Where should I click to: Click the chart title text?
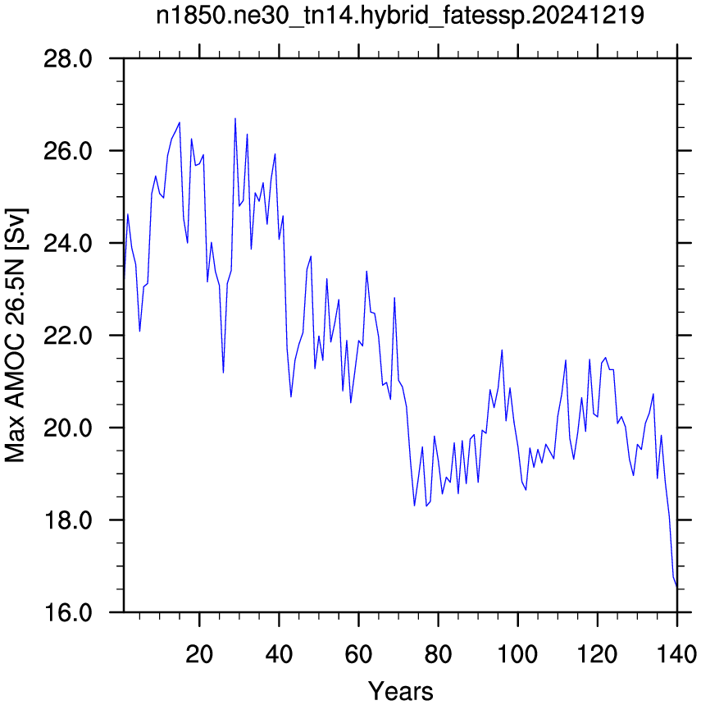click(x=399, y=16)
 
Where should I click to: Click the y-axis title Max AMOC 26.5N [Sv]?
click(x=16, y=335)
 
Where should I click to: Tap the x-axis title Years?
click(x=401, y=690)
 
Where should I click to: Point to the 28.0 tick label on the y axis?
click(x=68, y=59)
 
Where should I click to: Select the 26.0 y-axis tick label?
click(x=68, y=151)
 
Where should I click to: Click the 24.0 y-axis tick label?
click(x=68, y=243)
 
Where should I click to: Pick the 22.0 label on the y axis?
click(x=68, y=336)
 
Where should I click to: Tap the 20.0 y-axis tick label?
click(x=68, y=428)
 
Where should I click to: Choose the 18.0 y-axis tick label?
click(x=68, y=520)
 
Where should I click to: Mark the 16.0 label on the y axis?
click(x=68, y=613)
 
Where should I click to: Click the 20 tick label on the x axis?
click(x=199, y=654)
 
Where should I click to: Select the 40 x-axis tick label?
click(x=279, y=654)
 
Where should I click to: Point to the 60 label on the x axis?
click(x=358, y=654)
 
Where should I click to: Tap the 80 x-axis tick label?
click(x=439, y=654)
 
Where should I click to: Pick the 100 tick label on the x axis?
click(x=517, y=654)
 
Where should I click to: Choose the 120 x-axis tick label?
click(x=597, y=654)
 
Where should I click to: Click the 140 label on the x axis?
click(x=676, y=654)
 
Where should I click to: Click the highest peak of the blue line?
click(x=234, y=119)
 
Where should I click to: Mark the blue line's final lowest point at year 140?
click(x=676, y=586)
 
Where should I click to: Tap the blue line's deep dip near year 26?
click(x=223, y=373)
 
